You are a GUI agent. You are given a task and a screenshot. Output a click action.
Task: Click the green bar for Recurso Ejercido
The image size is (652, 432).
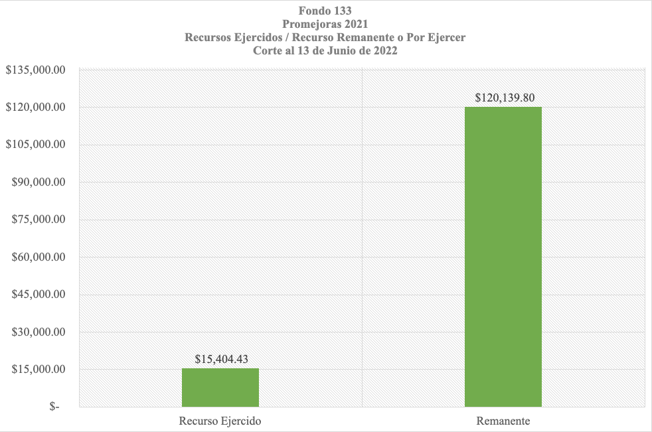click(220, 388)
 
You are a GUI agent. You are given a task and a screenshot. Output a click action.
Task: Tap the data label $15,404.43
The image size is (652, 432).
click(222, 358)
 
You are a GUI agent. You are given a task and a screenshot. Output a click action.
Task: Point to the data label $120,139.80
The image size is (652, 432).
click(505, 98)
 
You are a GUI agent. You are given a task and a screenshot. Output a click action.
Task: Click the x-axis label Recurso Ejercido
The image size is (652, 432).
click(220, 421)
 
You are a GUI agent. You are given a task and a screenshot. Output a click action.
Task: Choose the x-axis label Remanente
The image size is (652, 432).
click(503, 421)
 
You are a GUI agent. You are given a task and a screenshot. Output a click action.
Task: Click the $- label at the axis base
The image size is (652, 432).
click(54, 407)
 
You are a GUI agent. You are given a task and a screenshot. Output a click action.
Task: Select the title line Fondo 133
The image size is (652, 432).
click(325, 11)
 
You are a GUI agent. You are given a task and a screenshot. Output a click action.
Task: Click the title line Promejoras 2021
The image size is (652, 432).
click(325, 25)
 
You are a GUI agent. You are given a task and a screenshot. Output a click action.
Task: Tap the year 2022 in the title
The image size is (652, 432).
click(384, 51)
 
